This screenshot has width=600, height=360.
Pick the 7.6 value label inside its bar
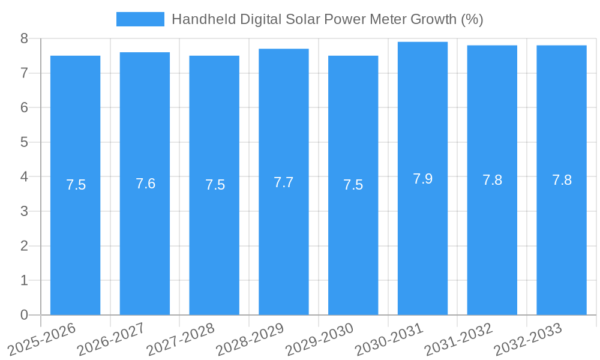point(145,184)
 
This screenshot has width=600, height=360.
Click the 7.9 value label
point(422,179)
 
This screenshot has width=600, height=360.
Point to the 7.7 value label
point(283,182)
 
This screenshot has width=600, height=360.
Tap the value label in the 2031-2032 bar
point(492,180)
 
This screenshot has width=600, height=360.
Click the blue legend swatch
point(140,19)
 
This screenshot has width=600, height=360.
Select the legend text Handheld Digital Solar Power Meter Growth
point(327,19)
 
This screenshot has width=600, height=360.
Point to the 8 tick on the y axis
point(24,38)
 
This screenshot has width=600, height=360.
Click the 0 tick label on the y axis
point(24,315)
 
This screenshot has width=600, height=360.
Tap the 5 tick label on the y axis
point(24,142)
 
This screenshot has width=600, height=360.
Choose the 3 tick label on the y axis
point(24,211)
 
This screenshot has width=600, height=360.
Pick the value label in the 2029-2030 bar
point(353,185)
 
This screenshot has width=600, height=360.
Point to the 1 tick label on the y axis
point(24,280)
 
